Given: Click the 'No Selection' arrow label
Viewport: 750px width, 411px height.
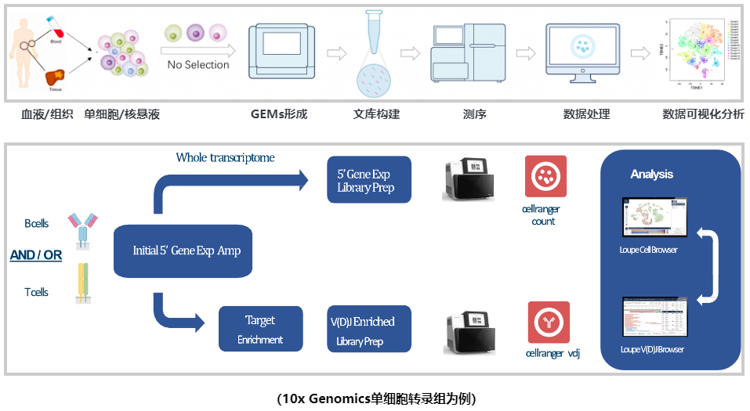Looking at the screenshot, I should [x=198, y=64].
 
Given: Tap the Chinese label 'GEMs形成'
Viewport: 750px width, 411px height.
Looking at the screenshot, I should [x=279, y=114].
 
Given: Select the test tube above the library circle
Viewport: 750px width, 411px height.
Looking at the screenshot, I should [x=373, y=36].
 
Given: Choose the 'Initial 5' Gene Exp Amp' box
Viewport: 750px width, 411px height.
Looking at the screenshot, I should [x=187, y=251].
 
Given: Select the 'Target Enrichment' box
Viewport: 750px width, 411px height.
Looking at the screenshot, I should [x=260, y=329].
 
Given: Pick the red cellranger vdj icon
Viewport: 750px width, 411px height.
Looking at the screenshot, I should [x=548, y=322].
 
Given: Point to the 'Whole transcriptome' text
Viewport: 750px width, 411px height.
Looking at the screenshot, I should [x=226, y=157].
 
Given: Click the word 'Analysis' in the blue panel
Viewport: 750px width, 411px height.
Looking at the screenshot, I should [x=652, y=174].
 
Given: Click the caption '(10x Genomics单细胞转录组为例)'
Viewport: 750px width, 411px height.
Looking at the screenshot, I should [x=375, y=398].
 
